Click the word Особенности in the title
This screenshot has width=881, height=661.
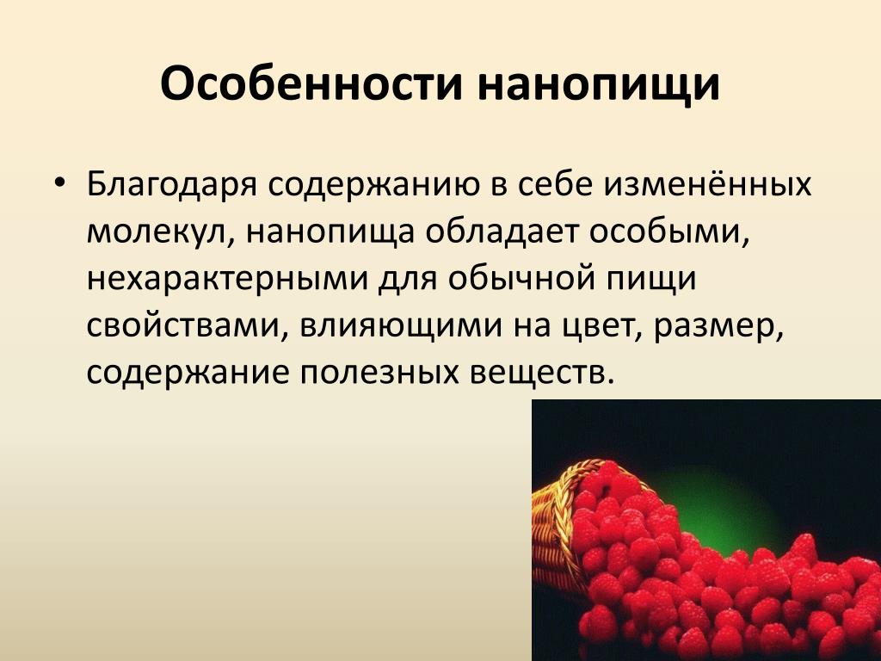click(311, 83)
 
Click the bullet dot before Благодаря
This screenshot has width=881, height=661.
click(61, 182)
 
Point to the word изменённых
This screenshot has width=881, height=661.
click(708, 183)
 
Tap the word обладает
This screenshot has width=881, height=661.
click(502, 230)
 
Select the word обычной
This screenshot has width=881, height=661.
click(517, 277)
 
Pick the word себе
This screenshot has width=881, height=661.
click(554, 183)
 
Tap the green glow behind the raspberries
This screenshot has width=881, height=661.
click(724, 506)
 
